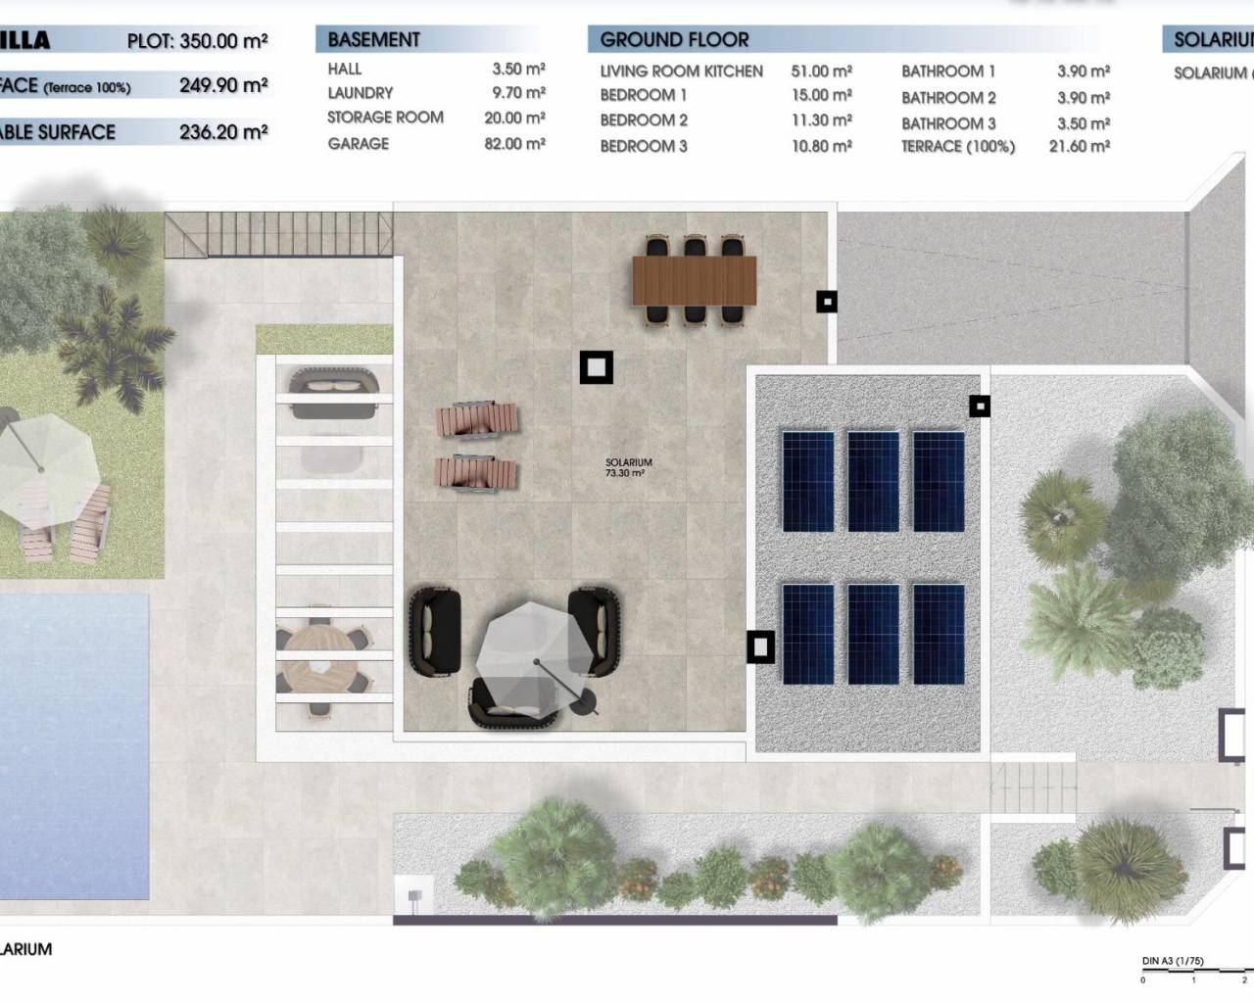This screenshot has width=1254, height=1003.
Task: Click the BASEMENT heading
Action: pyautogui.click(x=373, y=40)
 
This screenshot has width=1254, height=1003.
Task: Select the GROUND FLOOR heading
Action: pyautogui.click(x=674, y=40)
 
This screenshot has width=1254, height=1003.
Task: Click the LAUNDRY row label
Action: pyautogui.click(x=360, y=93)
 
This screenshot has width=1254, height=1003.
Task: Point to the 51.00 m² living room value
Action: pyautogui.click(x=821, y=72)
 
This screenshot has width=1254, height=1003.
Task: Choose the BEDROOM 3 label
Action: pyautogui.click(x=643, y=146)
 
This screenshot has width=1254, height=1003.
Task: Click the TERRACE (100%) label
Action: pyautogui.click(x=957, y=146)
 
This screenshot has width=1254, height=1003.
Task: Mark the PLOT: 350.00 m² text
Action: pyautogui.click(x=197, y=41)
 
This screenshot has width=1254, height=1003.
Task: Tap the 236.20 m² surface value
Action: pyautogui.click(x=222, y=132)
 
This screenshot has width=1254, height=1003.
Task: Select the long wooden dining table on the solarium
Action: pyautogui.click(x=695, y=280)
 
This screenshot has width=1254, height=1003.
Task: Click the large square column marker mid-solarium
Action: pyautogui.click(x=596, y=367)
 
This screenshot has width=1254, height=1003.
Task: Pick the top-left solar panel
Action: pyautogui.click(x=808, y=480)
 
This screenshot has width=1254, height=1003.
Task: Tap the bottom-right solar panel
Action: pyautogui.click(x=939, y=633)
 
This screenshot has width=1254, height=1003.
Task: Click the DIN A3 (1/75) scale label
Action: pyautogui.click(x=1173, y=961)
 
